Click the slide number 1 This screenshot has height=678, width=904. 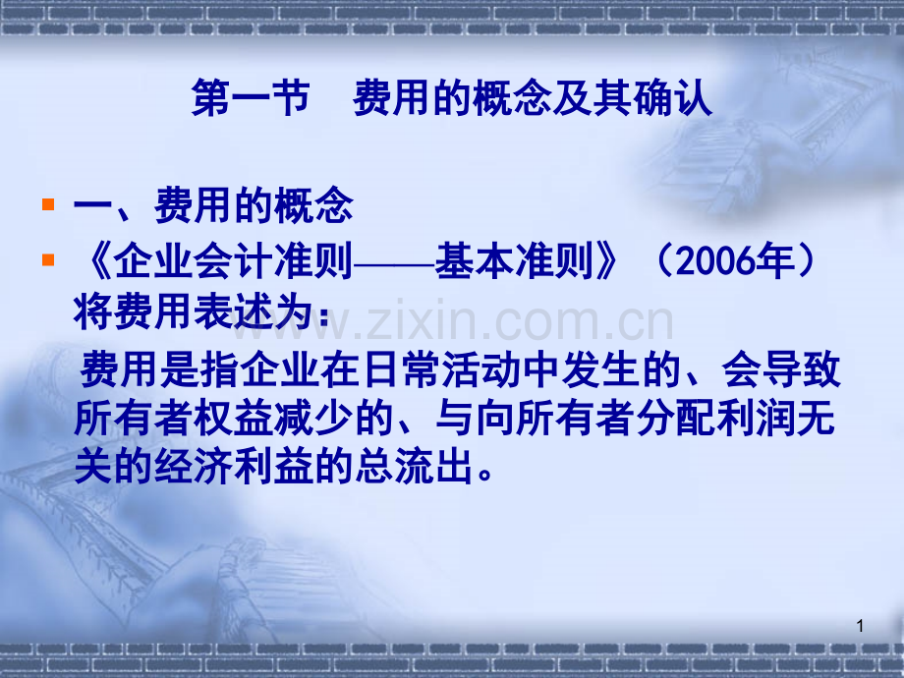860,627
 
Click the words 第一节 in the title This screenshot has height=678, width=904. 251,100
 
